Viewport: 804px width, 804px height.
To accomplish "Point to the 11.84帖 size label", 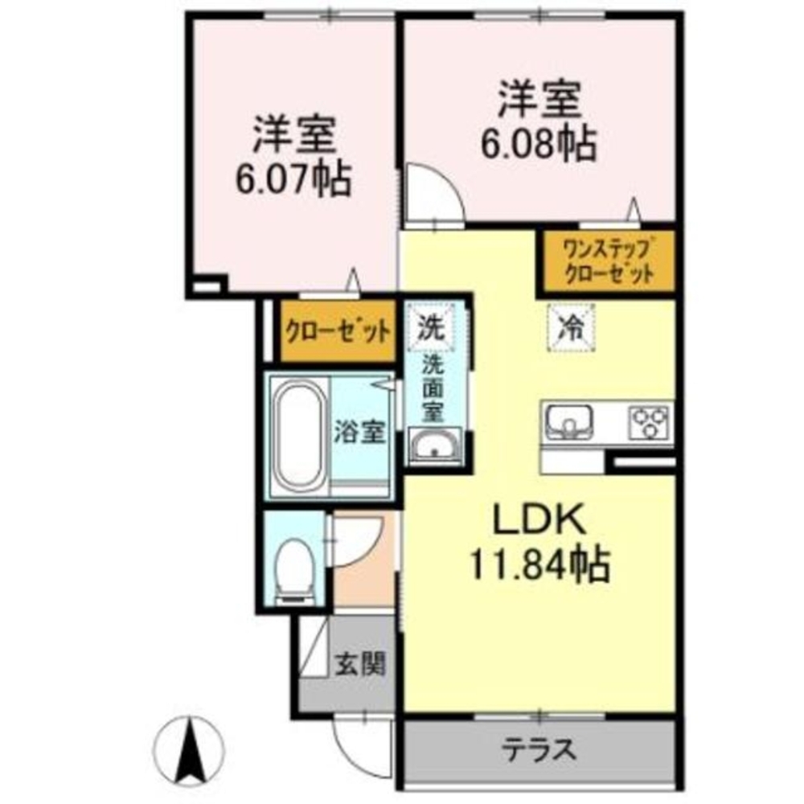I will click(539, 565).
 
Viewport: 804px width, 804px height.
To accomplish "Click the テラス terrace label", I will click(540, 749).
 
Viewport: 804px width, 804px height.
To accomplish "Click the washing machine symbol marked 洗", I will click(431, 327).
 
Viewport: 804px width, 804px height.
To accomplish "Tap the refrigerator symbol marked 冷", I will click(571, 326).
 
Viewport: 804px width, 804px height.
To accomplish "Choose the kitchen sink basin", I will click(569, 420).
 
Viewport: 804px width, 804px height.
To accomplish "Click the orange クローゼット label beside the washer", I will click(338, 330).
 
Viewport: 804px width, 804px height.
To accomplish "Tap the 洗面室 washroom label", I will click(434, 386).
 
